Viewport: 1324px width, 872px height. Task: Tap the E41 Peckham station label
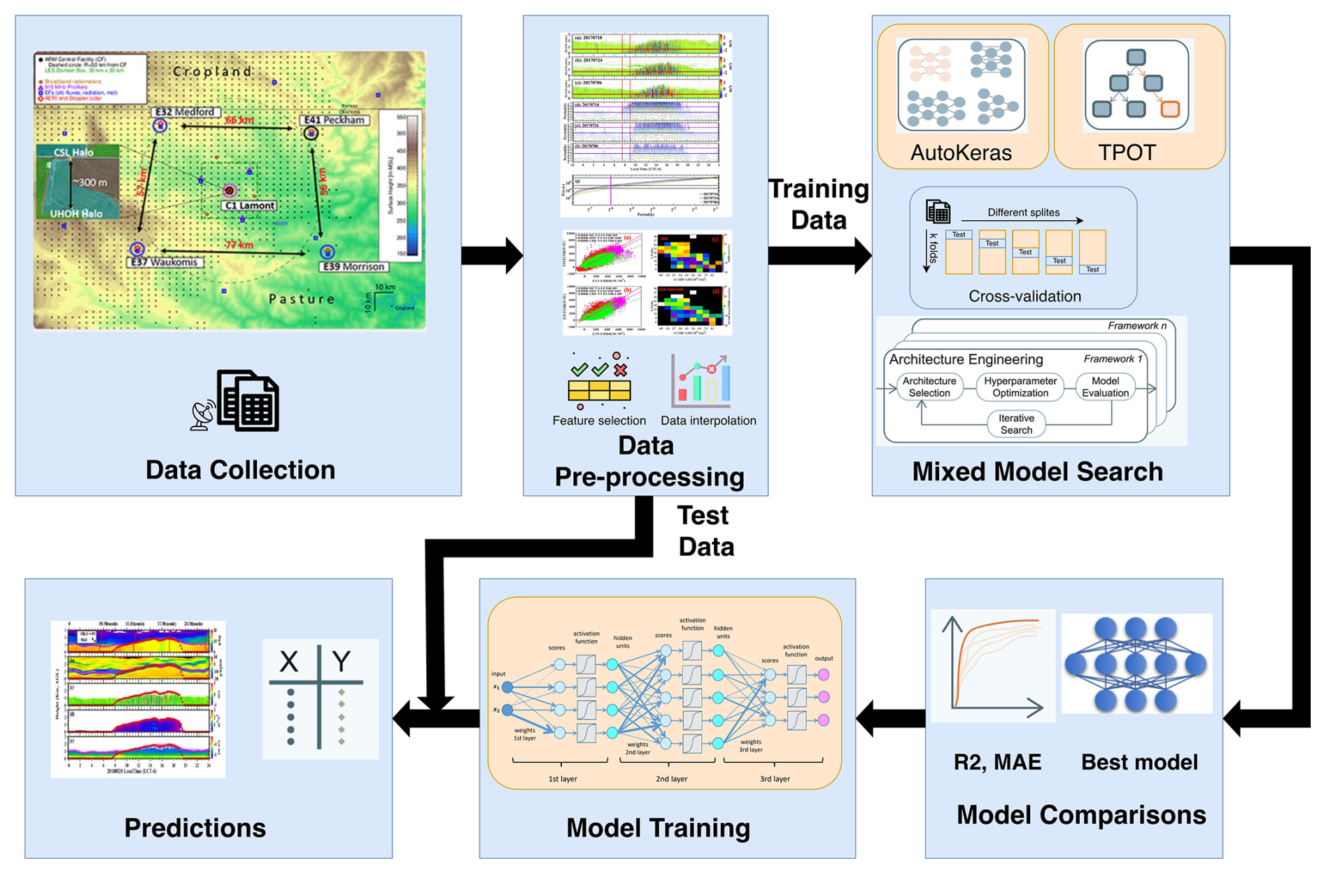(x=334, y=120)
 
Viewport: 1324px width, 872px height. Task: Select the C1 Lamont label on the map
(x=250, y=206)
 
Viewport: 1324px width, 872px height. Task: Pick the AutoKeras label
(x=961, y=152)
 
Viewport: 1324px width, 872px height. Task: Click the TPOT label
(x=1127, y=152)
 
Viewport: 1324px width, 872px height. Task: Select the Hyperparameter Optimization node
(x=1020, y=387)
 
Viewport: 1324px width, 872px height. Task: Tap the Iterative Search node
(x=1016, y=424)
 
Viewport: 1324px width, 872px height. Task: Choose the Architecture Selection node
(x=929, y=387)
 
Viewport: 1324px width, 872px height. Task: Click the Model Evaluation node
(x=1105, y=387)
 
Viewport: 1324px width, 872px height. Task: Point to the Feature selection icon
(x=599, y=381)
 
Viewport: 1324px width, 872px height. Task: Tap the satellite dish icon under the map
(x=202, y=415)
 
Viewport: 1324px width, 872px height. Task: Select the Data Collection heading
(x=240, y=470)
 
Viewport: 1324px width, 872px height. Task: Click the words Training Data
(x=818, y=204)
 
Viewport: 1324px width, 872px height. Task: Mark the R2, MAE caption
(x=997, y=762)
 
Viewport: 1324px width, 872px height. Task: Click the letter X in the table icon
(x=288, y=661)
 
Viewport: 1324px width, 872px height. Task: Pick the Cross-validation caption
(x=1024, y=296)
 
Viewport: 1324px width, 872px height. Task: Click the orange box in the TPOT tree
(x=1170, y=109)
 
